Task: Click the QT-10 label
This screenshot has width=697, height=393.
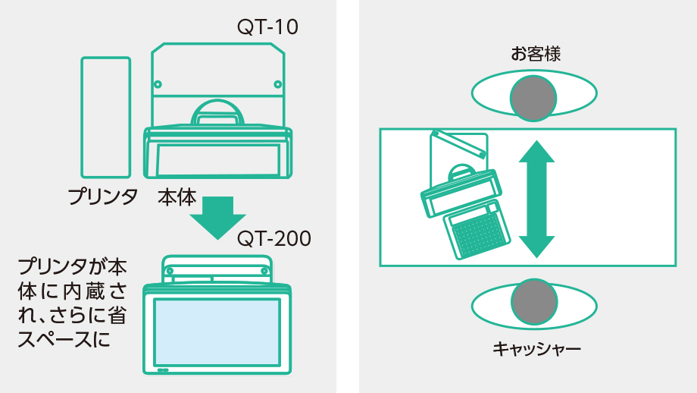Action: [267, 27]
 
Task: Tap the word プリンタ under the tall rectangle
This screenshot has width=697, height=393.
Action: [102, 197]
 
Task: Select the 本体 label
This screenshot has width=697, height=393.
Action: [177, 197]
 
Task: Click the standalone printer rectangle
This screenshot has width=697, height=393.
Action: [105, 117]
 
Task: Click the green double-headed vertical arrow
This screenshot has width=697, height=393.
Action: [536, 199]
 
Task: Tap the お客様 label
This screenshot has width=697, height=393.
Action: [535, 54]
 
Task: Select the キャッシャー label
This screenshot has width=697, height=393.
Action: [536, 349]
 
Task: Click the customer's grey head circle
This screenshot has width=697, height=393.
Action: [533, 97]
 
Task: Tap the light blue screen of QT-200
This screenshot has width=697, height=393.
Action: [217, 331]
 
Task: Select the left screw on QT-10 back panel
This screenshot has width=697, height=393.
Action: [158, 84]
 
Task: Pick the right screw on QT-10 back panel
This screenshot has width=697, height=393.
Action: [277, 84]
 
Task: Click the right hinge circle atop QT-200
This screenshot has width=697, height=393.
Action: [264, 269]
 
